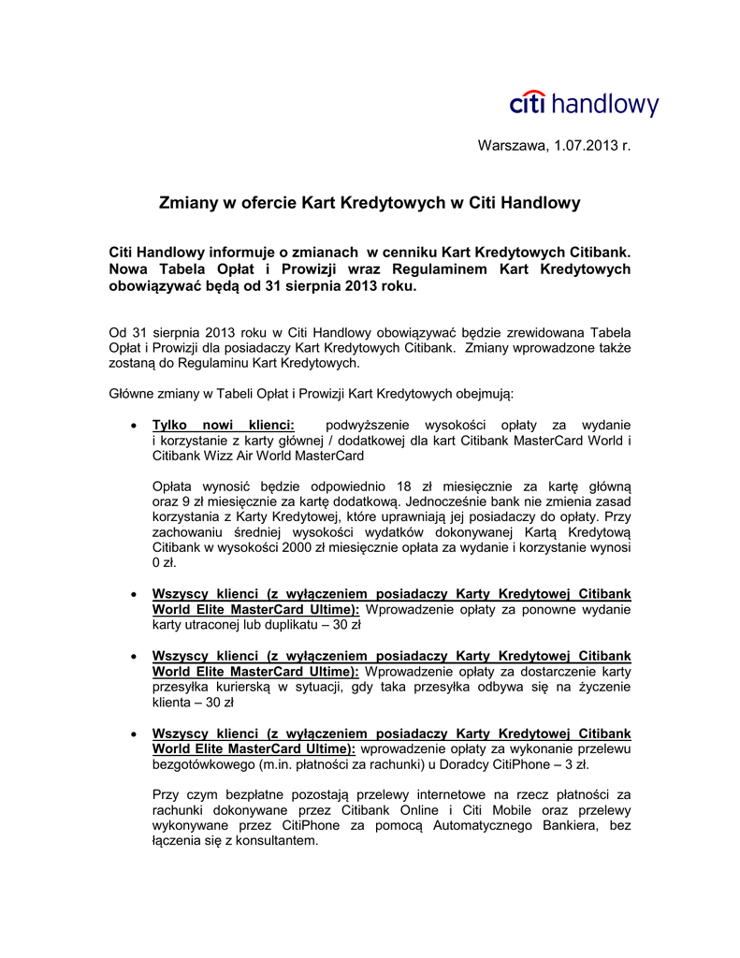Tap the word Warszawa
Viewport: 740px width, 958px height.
point(511,145)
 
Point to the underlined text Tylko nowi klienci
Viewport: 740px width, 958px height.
point(223,425)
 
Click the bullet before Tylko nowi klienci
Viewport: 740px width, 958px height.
point(137,426)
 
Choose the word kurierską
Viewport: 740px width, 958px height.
point(236,687)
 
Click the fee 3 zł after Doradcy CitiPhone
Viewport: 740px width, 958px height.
point(573,764)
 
